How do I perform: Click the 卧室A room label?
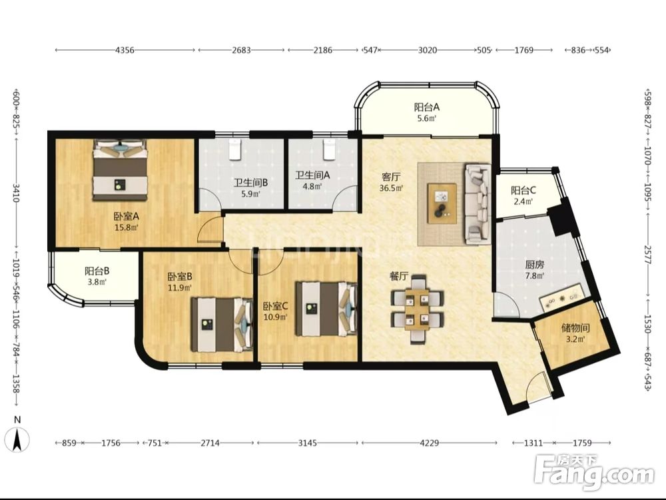[x=126, y=217]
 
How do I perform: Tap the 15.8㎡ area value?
[x=126, y=228]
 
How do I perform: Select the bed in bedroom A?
[x=120, y=169]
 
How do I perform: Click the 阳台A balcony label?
[x=427, y=107]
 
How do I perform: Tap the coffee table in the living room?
[x=442, y=203]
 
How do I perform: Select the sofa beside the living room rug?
[x=478, y=203]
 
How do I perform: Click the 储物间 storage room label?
[x=575, y=328]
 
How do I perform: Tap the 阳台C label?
[x=523, y=190]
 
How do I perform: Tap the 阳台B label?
[x=97, y=271]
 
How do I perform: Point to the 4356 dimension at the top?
[x=125, y=50]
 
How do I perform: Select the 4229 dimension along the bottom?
[x=429, y=443]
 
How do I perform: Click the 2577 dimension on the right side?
[x=648, y=254]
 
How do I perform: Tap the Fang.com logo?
[x=595, y=473]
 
